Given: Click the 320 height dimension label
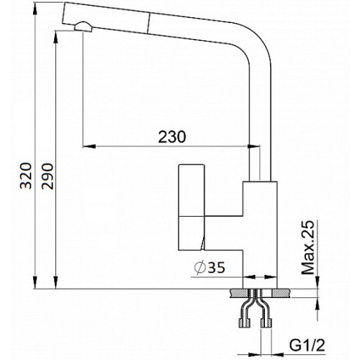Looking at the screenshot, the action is tap(26, 176).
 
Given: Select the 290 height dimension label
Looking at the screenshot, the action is tap(47, 176).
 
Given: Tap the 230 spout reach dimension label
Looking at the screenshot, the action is tap(172, 137).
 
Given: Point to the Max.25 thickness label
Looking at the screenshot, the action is tap(307, 247).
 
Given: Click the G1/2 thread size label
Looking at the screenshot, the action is tap(307, 345).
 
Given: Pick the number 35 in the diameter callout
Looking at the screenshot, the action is tap(217, 267).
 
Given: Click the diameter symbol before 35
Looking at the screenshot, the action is tap(200, 267).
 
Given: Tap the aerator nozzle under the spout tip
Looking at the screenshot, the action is tap(83, 27).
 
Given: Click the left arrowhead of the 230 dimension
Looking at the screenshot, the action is tap(89, 146).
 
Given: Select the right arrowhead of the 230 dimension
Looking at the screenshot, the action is tap(253, 146).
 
